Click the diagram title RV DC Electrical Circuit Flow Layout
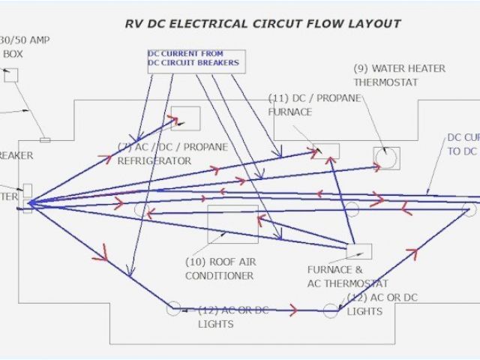pyautogui.click(x=262, y=23)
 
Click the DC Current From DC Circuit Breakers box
pyautogui.click(x=195, y=59)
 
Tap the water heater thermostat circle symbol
pyautogui.click(x=387, y=158)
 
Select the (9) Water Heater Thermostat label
pyautogui.click(x=399, y=74)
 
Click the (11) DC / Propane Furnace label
pyautogui.click(x=301, y=105)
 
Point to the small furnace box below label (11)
pyautogui.click(x=326, y=151)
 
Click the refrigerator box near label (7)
pyautogui.click(x=185, y=118)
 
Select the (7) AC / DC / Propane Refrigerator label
pyautogui.click(x=172, y=154)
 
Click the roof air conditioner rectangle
pyautogui.click(x=232, y=223)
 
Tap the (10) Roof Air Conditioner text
pyautogui.click(x=219, y=268)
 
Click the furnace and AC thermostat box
pyautogui.click(x=358, y=251)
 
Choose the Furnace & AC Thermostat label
pyautogui.click(x=347, y=277)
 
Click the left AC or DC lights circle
pyautogui.click(x=173, y=308)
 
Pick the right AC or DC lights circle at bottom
pyautogui.click(x=331, y=310)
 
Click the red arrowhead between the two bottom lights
pyautogui.click(x=292, y=309)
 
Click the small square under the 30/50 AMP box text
pyautogui.click(x=10, y=75)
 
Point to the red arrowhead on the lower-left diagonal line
pyautogui.click(x=100, y=257)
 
